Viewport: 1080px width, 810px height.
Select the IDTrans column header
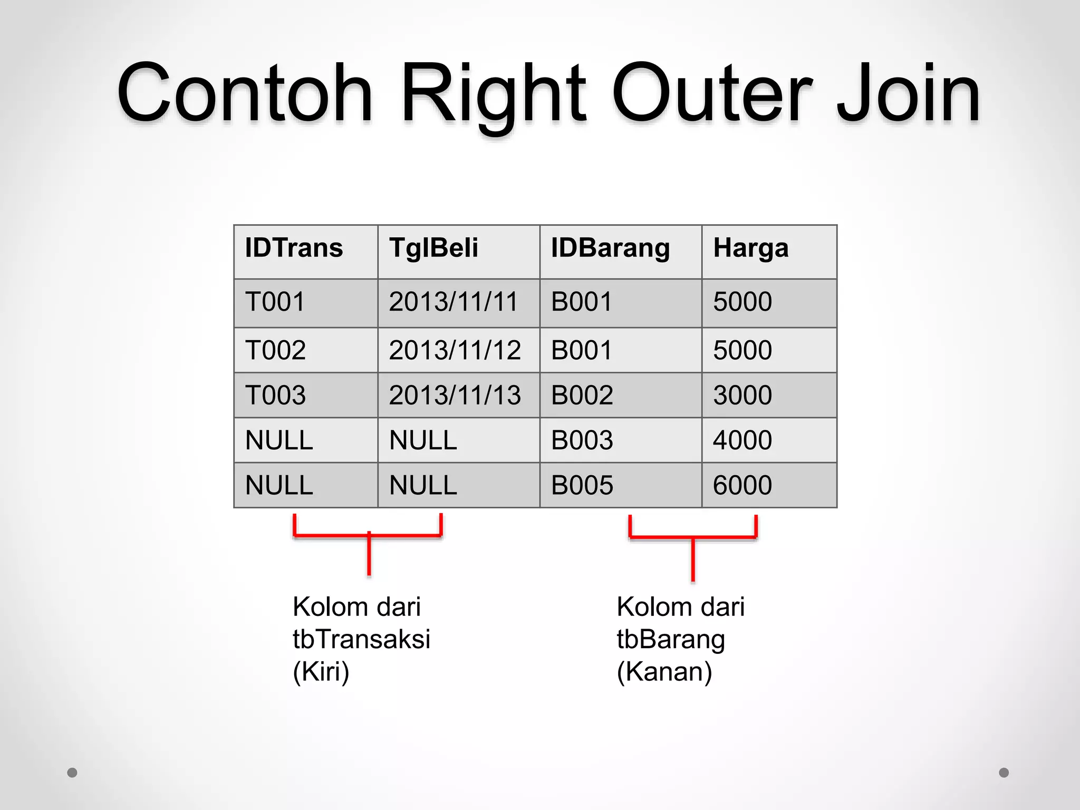(x=294, y=248)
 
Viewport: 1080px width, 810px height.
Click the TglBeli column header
(x=433, y=248)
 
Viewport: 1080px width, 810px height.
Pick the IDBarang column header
(x=610, y=248)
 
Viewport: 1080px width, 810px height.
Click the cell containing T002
(x=275, y=350)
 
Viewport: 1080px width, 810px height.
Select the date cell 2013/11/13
(x=455, y=395)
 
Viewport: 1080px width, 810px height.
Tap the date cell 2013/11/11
(x=454, y=302)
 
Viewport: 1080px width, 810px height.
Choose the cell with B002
(x=582, y=395)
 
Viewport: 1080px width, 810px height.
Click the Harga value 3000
(x=742, y=395)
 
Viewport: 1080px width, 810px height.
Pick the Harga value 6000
(x=742, y=485)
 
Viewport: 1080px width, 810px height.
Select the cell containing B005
(x=582, y=485)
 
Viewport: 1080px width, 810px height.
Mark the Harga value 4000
(x=742, y=440)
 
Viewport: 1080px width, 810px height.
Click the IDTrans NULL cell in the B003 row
(x=279, y=440)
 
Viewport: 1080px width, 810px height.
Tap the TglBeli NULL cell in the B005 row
(x=423, y=485)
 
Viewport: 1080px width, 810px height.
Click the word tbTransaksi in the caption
(x=361, y=639)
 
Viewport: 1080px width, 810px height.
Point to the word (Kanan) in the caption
(x=664, y=672)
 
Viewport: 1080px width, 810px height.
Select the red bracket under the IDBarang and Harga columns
(x=692, y=538)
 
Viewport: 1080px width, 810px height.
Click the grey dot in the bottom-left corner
(x=72, y=773)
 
